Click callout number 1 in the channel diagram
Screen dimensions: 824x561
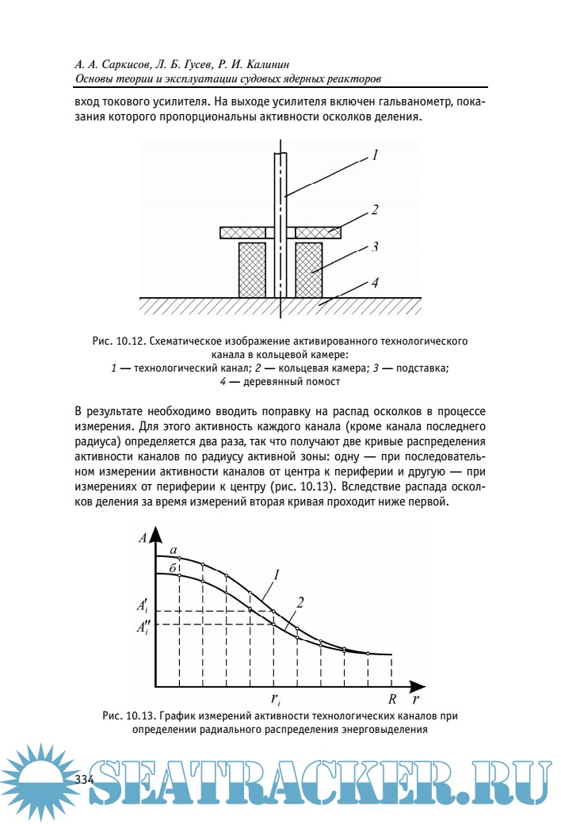click(x=373, y=156)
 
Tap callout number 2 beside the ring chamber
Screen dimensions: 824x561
click(x=375, y=210)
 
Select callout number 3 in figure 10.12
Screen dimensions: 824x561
click(x=373, y=246)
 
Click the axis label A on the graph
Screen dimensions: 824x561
click(x=142, y=538)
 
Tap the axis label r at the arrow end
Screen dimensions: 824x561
click(x=415, y=700)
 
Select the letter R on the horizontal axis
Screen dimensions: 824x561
click(x=391, y=700)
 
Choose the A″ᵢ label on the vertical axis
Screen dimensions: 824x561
click(x=142, y=628)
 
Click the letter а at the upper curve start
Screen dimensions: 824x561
click(x=173, y=549)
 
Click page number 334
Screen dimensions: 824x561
click(x=84, y=780)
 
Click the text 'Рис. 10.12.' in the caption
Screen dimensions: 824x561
click(x=117, y=341)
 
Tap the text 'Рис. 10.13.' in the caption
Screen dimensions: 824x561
click(x=128, y=716)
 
